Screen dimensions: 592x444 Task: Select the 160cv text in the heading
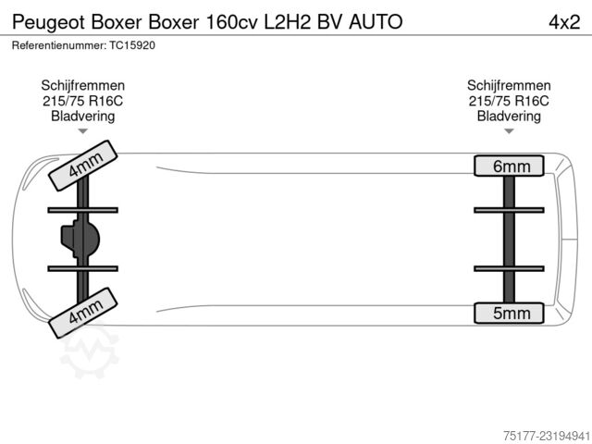[x=231, y=22]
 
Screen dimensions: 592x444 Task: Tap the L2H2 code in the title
[x=287, y=22]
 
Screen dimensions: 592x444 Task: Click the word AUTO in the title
[x=376, y=22]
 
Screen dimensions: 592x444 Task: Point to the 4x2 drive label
[x=564, y=22]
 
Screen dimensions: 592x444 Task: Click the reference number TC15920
[x=132, y=45]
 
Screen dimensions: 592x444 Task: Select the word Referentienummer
[x=59, y=45]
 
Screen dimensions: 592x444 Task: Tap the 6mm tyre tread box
[x=509, y=166]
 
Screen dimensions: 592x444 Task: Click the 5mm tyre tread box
[x=509, y=313]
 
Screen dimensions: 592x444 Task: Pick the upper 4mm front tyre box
[x=83, y=166]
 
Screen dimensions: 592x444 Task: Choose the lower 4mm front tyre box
[x=83, y=313]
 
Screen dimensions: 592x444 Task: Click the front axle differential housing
[x=80, y=239]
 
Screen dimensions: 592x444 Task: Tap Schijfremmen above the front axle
[x=82, y=86]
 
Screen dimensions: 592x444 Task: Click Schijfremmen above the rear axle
[x=509, y=86]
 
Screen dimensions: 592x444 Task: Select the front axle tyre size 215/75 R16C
[x=82, y=101]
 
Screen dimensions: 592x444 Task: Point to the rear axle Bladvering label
[x=509, y=116]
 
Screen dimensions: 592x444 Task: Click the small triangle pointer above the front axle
[x=82, y=131]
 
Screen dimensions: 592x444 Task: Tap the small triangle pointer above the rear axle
[x=509, y=131]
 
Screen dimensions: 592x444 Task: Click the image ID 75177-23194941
[x=547, y=436]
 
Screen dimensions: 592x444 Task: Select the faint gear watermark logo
[x=90, y=352]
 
